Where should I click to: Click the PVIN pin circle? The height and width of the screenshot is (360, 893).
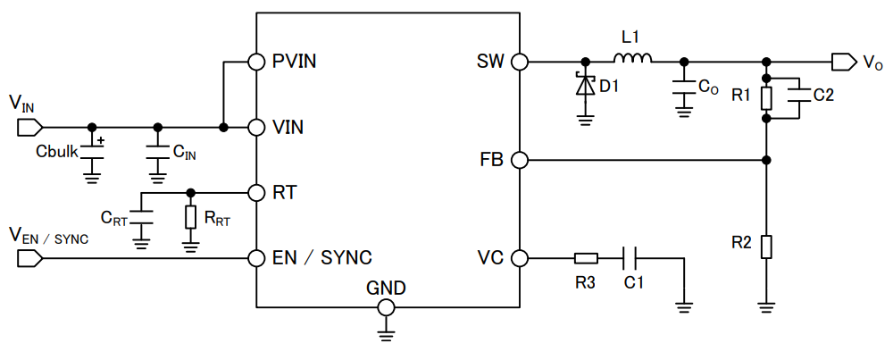[x=256, y=62]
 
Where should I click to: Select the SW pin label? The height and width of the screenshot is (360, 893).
[x=490, y=62]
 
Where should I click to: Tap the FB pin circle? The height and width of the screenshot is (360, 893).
[x=520, y=161]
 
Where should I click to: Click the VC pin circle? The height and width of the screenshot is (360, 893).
[x=520, y=258]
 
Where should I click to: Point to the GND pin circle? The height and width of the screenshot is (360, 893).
[x=387, y=307]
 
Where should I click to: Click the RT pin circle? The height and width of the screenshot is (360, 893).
[x=256, y=192]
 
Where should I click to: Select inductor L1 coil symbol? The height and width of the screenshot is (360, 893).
[x=632, y=59]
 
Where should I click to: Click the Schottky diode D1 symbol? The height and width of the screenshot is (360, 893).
[x=586, y=86]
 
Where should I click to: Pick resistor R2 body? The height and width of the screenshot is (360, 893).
[x=766, y=246]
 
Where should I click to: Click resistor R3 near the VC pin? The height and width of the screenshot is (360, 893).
[x=586, y=258]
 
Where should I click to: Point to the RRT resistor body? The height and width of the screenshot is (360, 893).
[x=190, y=217]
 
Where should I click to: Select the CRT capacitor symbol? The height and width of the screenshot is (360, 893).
[x=141, y=217]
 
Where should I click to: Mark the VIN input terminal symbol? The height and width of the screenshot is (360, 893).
[x=28, y=127]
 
